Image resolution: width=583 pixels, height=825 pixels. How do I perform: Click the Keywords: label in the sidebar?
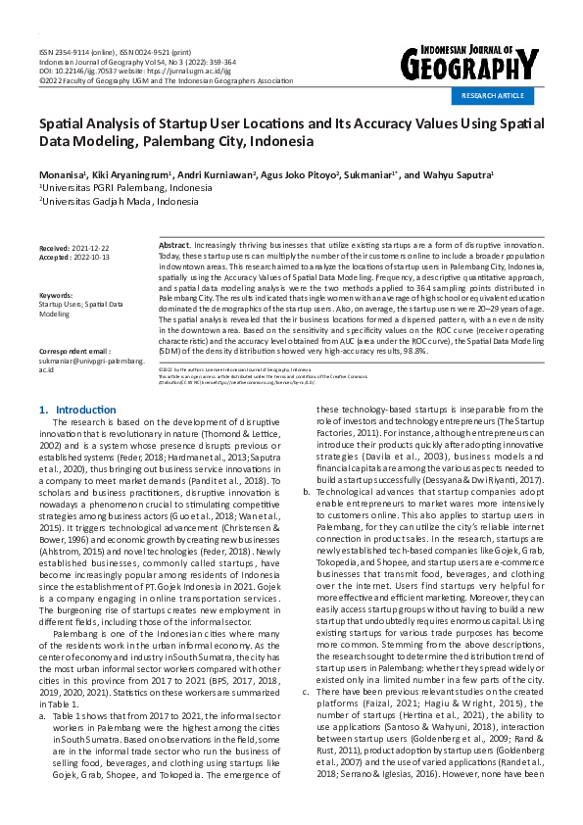(x=57, y=295)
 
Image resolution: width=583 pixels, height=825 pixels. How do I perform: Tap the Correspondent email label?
(x=74, y=350)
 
